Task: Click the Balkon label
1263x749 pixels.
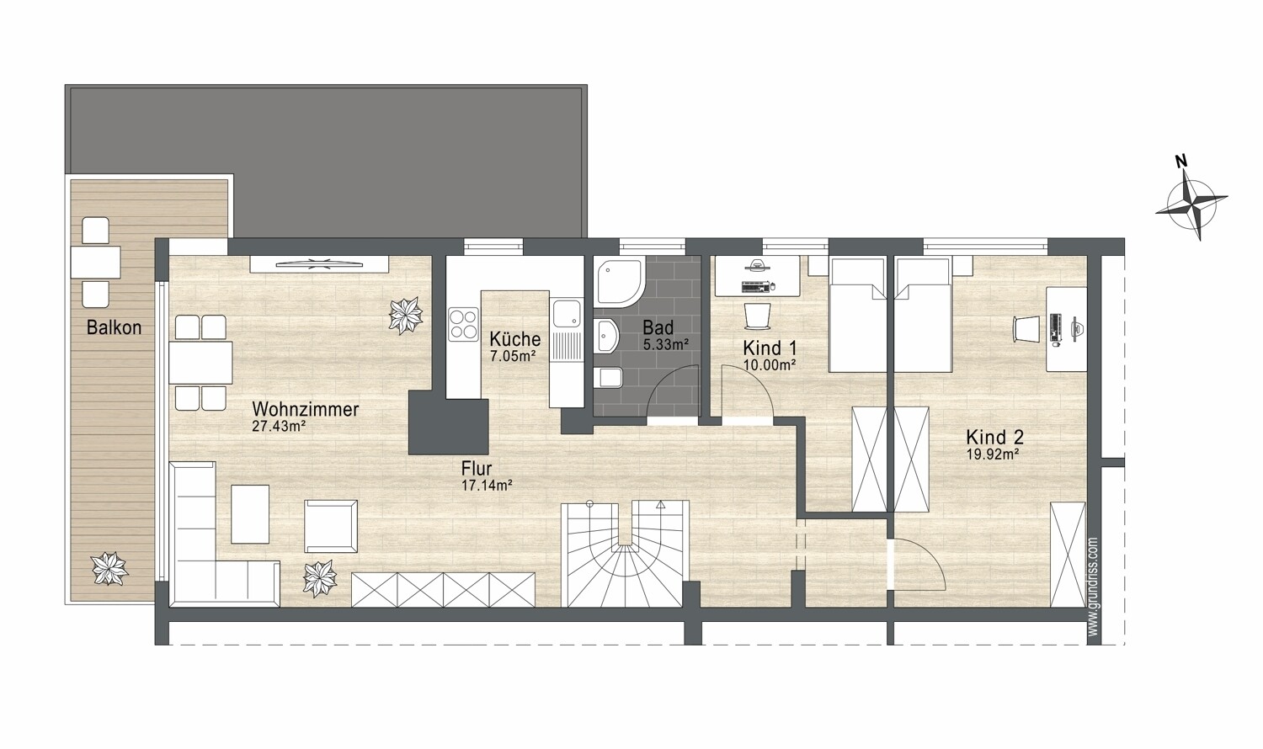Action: pyautogui.click(x=114, y=327)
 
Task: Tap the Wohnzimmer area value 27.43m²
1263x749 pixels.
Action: pyautogui.click(x=279, y=426)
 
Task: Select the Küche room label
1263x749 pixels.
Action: pyautogui.click(x=514, y=339)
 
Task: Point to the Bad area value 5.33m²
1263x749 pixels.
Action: pyautogui.click(x=666, y=344)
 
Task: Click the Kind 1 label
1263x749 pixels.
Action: pyautogui.click(x=770, y=348)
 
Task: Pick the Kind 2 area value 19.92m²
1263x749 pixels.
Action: pyautogui.click(x=995, y=454)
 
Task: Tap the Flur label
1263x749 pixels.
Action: pyautogui.click(x=477, y=469)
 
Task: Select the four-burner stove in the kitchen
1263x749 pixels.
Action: pyautogui.click(x=463, y=325)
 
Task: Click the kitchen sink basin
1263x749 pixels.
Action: pyautogui.click(x=567, y=314)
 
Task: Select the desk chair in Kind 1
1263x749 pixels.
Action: pyautogui.click(x=757, y=316)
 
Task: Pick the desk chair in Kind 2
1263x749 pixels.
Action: pyautogui.click(x=1026, y=328)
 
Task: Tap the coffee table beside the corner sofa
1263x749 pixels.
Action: pyautogui.click(x=250, y=514)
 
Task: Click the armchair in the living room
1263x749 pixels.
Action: pyautogui.click(x=331, y=526)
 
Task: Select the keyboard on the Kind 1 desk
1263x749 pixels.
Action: pyautogui.click(x=755, y=287)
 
